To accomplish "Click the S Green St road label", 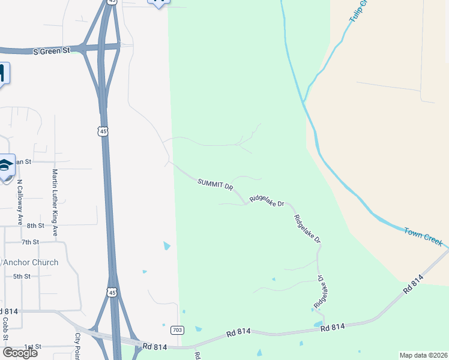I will pos(52,52).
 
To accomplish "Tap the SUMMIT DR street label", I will pos(215,184).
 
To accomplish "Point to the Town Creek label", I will pos(423,236).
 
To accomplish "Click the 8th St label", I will pos(35,226).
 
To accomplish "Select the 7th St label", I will pos(30,242).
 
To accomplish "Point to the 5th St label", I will pos(22,276).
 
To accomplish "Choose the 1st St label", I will pos(32,347).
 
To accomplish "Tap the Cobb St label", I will pos(5,328).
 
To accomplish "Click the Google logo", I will pos(19,352).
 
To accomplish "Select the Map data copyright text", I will pos(424,355).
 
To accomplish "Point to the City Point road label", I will pos(77,346).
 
